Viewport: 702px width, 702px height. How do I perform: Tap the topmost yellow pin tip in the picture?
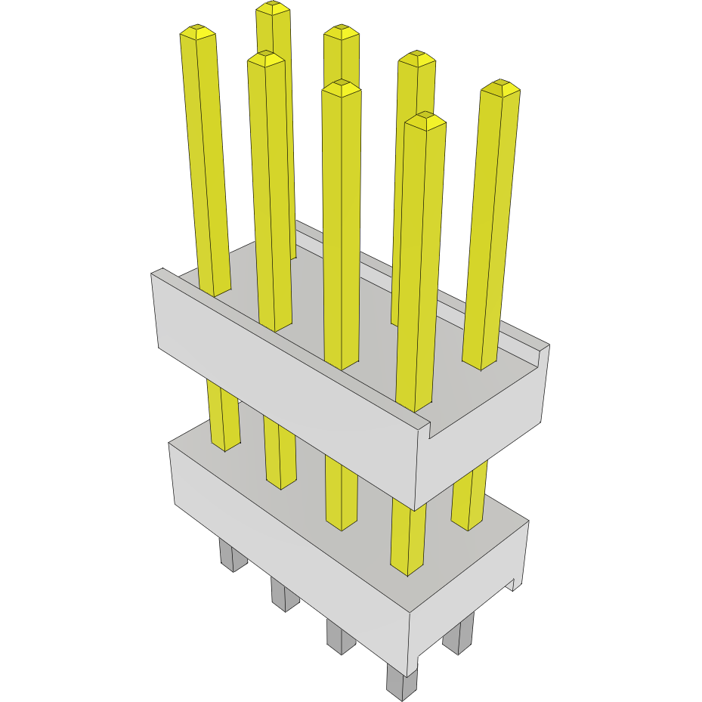coord(273,8)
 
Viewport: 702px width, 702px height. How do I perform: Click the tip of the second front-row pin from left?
coord(265,59)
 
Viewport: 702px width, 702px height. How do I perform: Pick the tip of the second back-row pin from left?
coord(342,32)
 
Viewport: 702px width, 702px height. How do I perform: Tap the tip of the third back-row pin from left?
coord(416,59)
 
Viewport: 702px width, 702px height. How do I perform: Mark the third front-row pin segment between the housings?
coord(340,491)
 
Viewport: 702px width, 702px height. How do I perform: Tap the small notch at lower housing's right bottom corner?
coord(518,583)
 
